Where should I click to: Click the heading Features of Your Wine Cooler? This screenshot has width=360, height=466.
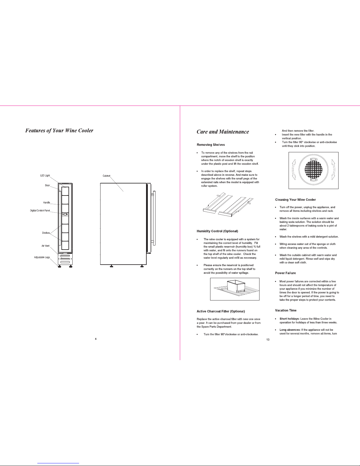(x=59, y=131)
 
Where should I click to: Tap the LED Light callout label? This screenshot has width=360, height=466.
(x=45, y=176)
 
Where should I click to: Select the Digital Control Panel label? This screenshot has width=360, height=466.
(x=40, y=211)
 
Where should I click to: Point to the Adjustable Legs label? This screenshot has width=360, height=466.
(x=42, y=257)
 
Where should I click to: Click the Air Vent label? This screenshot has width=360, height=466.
(x=46, y=246)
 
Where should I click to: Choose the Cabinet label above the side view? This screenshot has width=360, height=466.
(x=106, y=176)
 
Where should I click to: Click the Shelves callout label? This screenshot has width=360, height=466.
(x=46, y=233)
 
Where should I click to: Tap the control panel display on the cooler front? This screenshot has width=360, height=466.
(x=65, y=214)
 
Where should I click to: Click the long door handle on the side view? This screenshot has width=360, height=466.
(x=154, y=218)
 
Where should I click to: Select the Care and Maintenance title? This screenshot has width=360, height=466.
(x=223, y=132)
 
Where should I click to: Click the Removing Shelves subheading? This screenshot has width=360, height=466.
(x=211, y=145)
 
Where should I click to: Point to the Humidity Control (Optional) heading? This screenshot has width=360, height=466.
(x=217, y=231)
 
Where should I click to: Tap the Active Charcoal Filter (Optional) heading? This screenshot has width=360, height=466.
(x=221, y=311)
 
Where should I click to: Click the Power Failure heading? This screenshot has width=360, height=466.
(x=285, y=273)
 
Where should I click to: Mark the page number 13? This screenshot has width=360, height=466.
(x=268, y=340)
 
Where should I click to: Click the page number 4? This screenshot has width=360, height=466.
(x=96, y=339)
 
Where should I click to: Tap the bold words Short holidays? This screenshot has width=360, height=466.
(x=289, y=319)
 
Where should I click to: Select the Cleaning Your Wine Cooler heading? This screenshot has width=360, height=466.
(x=295, y=200)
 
